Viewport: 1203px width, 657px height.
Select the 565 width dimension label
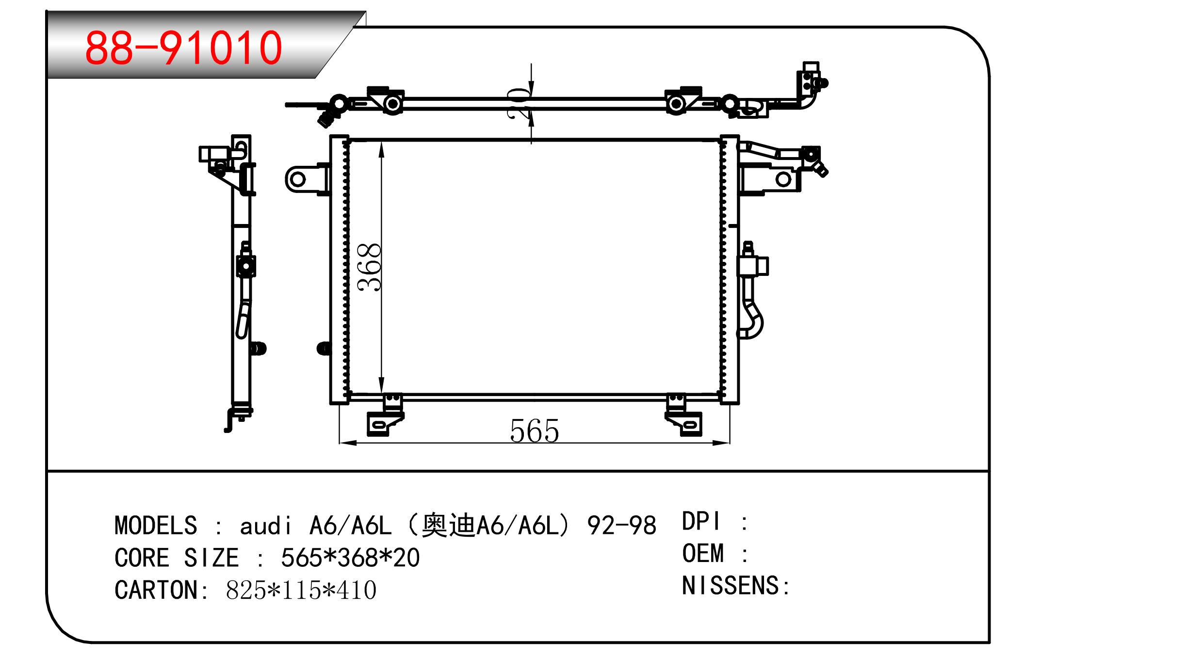tap(535, 431)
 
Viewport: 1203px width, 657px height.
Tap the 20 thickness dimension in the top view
tap(518, 103)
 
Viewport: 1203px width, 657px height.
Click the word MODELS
tap(156, 526)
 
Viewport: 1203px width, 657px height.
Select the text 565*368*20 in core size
tap(350, 558)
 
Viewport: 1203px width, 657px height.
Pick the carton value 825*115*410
tap(301, 590)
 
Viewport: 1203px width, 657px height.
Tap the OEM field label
tap(703, 553)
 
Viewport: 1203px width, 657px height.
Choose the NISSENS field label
tap(731, 586)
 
